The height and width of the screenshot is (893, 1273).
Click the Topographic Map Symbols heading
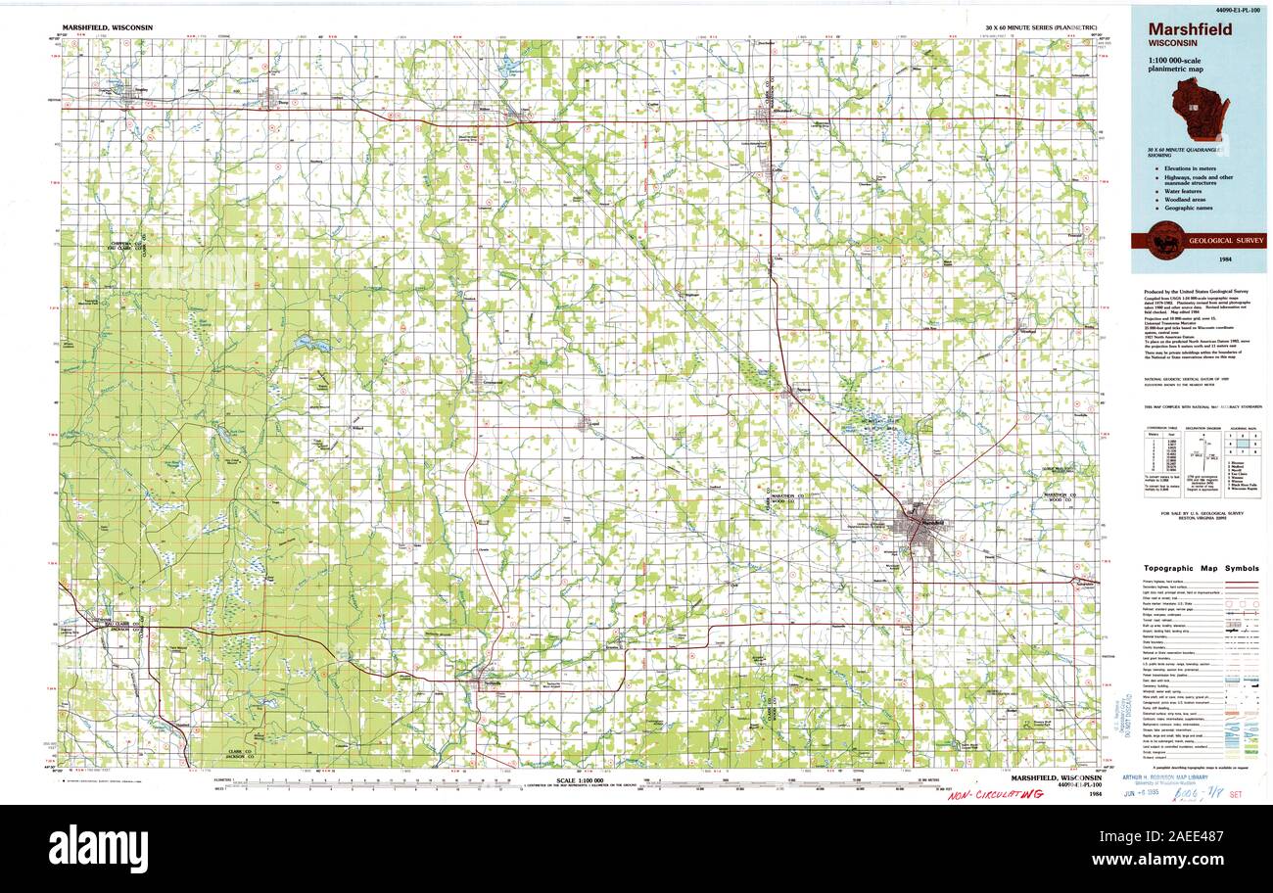tap(1202, 569)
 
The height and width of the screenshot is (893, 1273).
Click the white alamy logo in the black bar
tap(98, 848)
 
